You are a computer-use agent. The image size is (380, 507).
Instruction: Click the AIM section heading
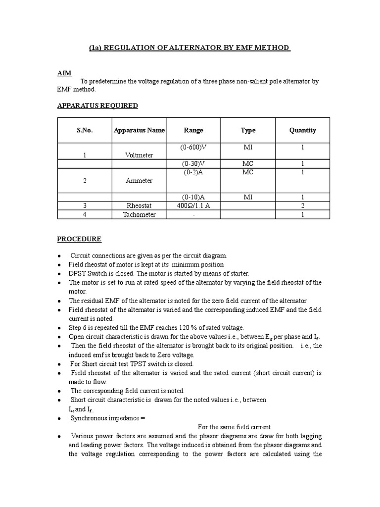pos(64,73)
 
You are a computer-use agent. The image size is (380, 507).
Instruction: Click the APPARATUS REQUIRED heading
pos(97,105)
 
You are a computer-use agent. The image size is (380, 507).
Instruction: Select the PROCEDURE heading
pos(79,239)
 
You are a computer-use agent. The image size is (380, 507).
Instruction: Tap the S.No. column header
pos(85,130)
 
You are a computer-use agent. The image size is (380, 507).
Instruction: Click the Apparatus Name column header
pos(139,130)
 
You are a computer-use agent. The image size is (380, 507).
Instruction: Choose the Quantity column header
pos(302,130)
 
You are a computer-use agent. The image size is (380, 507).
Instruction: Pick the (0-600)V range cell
pos(193,148)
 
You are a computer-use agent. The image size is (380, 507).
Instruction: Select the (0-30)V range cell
pos(193,164)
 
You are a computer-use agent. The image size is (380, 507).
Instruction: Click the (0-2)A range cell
pos(193,172)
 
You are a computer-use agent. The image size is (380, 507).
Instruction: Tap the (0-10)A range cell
pos(193,197)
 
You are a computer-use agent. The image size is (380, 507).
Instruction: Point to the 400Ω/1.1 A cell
pos(193,205)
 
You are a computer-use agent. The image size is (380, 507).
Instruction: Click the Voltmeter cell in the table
pos(139,155)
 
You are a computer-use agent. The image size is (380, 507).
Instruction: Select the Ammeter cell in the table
pos(139,181)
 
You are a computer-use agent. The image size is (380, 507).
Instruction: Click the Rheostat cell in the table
pos(139,205)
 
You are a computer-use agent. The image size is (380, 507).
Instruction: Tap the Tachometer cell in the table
pos(139,214)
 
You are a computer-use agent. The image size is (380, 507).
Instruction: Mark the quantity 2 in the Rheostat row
pos(302,205)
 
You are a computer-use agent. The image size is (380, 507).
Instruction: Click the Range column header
pos(193,130)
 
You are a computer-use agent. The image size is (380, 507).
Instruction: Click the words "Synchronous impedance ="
pos(108,418)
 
